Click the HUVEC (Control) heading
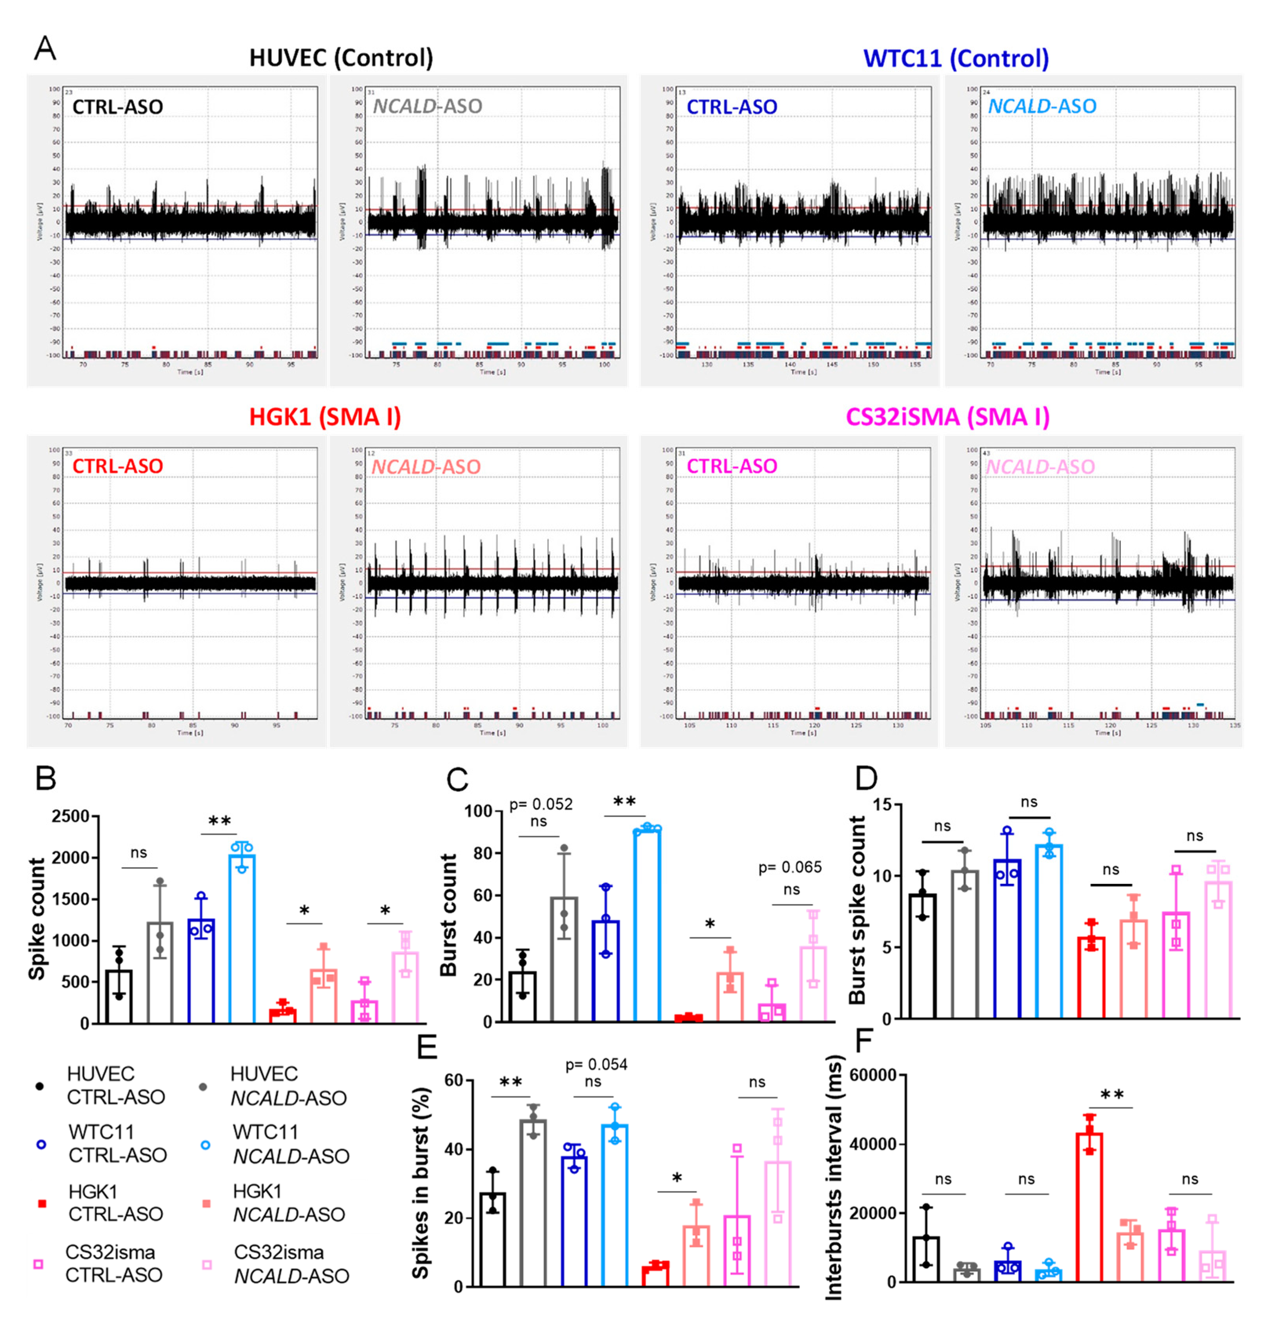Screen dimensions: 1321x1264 [341, 58]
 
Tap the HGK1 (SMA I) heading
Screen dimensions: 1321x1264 [325, 417]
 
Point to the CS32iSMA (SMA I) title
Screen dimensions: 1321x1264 [947, 417]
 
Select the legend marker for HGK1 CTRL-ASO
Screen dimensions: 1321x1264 [42, 1203]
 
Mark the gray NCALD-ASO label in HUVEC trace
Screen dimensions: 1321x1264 [427, 106]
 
